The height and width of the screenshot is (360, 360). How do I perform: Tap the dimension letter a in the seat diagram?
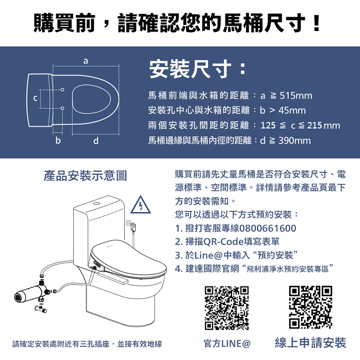(85, 60)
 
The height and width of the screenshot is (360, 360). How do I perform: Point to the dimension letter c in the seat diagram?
(35, 99)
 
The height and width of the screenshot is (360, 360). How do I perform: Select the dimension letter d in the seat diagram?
(96, 141)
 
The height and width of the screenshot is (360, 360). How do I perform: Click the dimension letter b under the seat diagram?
(58, 141)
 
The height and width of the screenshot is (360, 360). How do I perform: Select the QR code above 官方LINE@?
(227, 308)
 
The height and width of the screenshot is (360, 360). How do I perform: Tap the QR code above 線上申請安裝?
(311, 307)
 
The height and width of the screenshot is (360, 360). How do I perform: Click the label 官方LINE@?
(227, 344)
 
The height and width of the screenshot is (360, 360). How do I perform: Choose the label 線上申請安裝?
(311, 343)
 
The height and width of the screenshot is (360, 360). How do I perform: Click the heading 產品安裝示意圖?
(86, 176)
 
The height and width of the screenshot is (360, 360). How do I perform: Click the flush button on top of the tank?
(97, 203)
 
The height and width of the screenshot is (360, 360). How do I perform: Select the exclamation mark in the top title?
(316, 23)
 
